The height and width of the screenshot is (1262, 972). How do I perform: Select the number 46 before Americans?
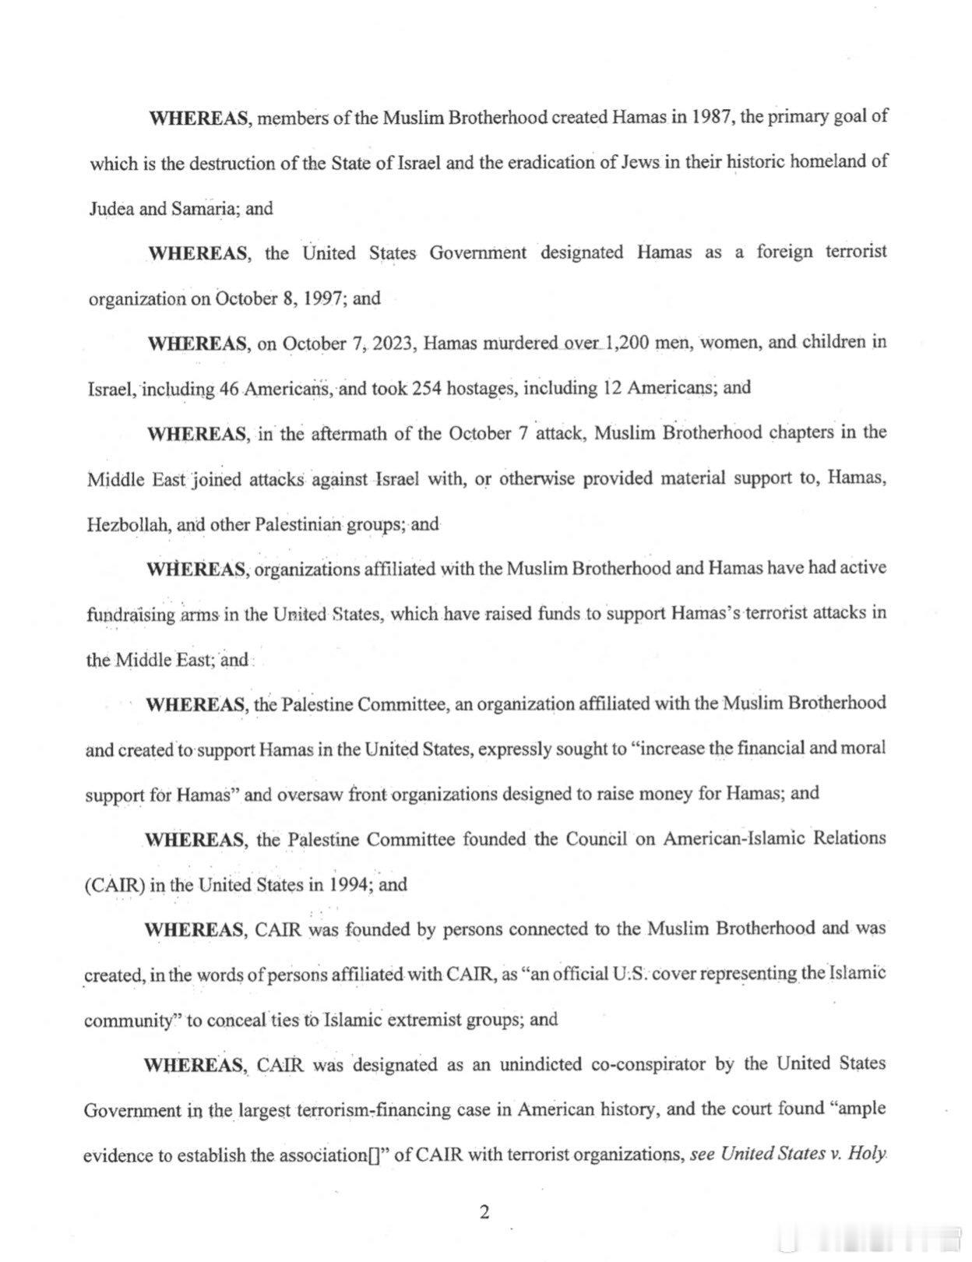click(x=228, y=389)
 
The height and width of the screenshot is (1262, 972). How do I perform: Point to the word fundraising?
click(x=131, y=614)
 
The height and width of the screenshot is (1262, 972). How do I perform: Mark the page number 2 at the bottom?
click(x=484, y=1212)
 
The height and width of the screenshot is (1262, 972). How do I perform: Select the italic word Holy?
click(x=867, y=1154)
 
